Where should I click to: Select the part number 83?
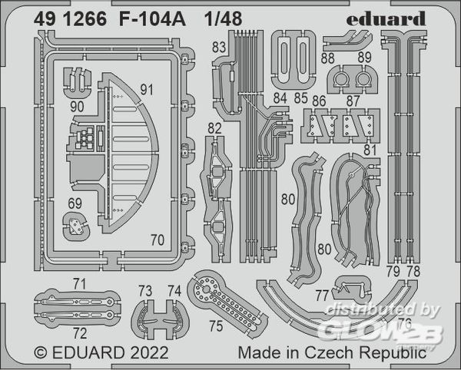219,48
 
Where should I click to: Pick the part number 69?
74,203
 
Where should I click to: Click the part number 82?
214,127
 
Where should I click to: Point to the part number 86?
319,100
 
